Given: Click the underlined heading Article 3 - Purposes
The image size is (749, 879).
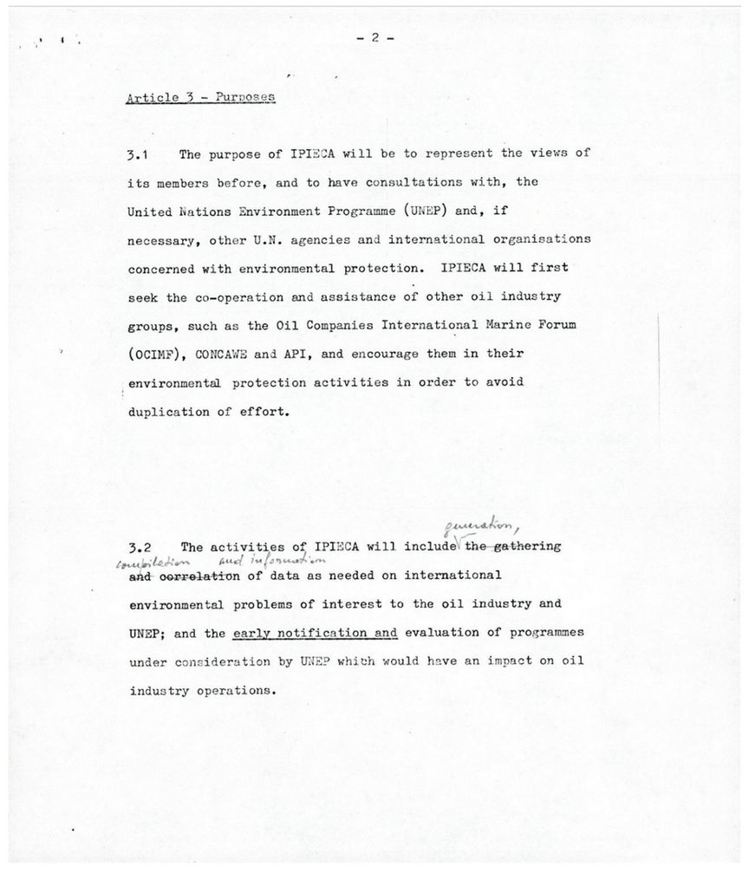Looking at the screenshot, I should click(200, 97).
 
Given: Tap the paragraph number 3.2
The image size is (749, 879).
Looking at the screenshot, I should click(139, 548).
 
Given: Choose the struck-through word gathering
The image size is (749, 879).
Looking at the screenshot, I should click(525, 546).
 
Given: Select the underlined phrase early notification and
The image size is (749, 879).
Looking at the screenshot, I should click(315, 633).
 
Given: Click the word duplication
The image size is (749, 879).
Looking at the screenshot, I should click(168, 412).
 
